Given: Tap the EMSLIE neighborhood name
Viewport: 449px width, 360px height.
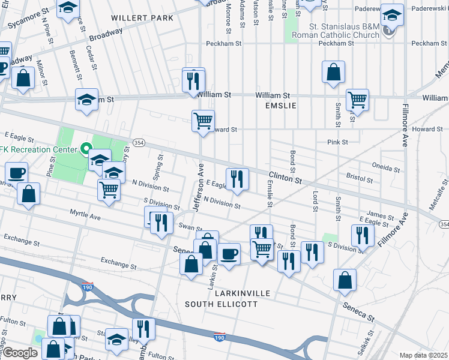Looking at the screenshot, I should click(x=282, y=105).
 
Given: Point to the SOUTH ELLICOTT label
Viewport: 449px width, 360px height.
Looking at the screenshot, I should click(x=221, y=304).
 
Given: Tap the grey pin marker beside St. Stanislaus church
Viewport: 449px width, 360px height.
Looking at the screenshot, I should click(x=389, y=29).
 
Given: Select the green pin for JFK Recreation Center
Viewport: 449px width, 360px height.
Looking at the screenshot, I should click(x=86, y=148).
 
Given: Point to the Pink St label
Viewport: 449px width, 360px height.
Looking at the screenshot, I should click(x=337, y=142).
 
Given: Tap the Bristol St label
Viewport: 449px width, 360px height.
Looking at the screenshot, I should click(x=361, y=177).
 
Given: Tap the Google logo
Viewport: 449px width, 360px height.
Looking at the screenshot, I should click(x=20, y=353).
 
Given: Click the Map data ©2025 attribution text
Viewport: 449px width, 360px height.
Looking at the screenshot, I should click(x=423, y=355).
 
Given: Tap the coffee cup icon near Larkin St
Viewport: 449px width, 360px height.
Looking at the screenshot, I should click(x=228, y=253).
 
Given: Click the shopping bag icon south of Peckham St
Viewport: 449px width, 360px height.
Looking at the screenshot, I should click(x=334, y=71).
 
